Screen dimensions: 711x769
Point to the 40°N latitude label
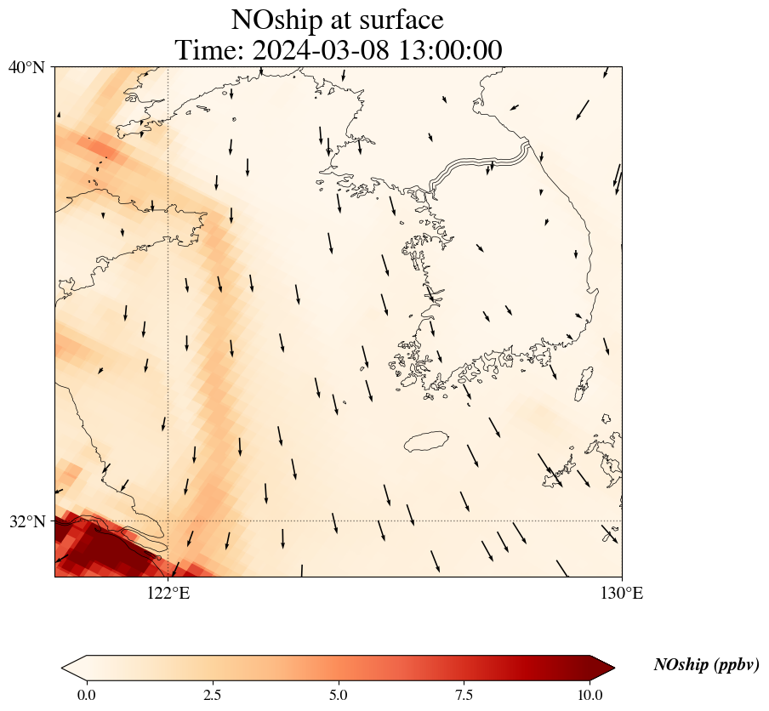pos(27,67)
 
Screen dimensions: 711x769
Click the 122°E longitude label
pos(168,593)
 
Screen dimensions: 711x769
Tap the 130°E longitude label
pos(622,593)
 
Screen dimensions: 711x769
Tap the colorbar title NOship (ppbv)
pos(706,665)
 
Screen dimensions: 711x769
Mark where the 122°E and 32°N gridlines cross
pos(168,520)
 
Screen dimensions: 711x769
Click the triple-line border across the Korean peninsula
pos(481,163)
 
